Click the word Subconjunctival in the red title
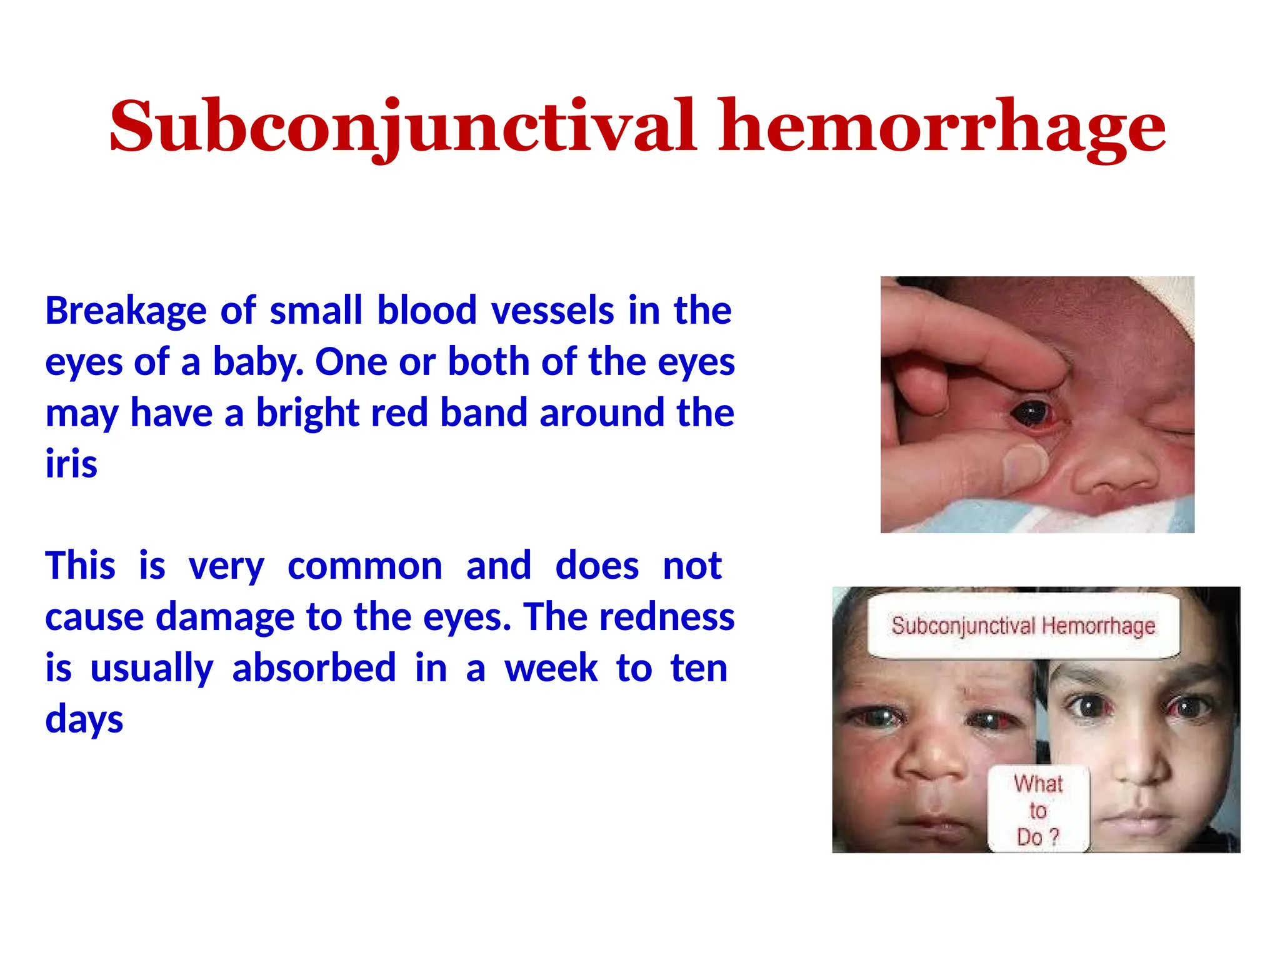pos(403,127)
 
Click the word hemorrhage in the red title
pos(942,127)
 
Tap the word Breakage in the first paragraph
pos(126,311)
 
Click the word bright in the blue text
pos(307,413)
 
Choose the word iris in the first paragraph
pos(71,464)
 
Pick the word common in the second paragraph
pos(365,566)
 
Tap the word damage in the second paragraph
pos(224,617)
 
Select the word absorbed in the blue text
pos(314,668)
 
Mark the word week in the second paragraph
pos(551,668)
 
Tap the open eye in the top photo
pos(1029,412)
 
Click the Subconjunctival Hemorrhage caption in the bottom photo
pos(1023,626)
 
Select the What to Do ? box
pos(1038,809)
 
